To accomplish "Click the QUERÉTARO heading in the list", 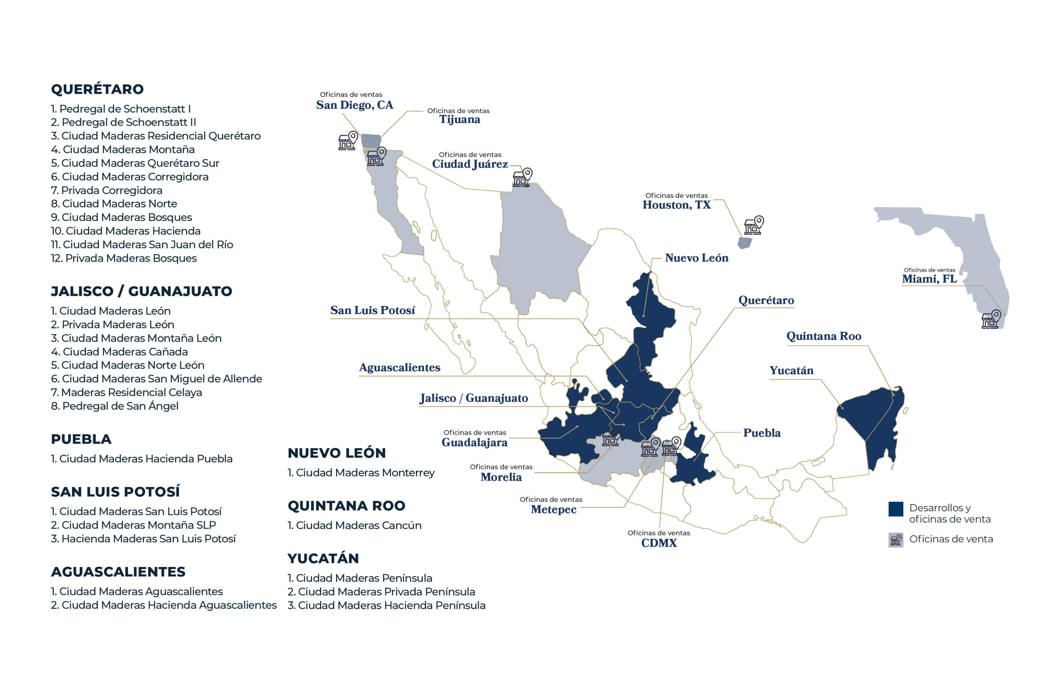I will [x=97, y=89].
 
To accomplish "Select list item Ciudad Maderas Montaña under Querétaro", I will [x=123, y=149].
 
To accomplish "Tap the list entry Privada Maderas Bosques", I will [x=124, y=258].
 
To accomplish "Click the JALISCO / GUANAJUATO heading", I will [x=141, y=291].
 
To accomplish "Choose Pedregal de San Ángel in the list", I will [x=115, y=406].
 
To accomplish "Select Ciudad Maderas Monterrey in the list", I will [x=361, y=473].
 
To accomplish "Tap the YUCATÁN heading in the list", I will [x=323, y=559].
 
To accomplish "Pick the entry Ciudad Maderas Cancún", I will [x=354, y=526].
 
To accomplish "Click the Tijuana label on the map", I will [x=460, y=120].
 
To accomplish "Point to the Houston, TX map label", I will [x=677, y=205].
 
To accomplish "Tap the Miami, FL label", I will [x=929, y=278].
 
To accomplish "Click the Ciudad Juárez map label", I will [x=471, y=164].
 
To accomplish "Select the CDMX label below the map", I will [x=659, y=543].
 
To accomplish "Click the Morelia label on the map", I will [x=501, y=477].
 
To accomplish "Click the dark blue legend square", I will [x=895, y=509].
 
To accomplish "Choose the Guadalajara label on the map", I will [x=475, y=442].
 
